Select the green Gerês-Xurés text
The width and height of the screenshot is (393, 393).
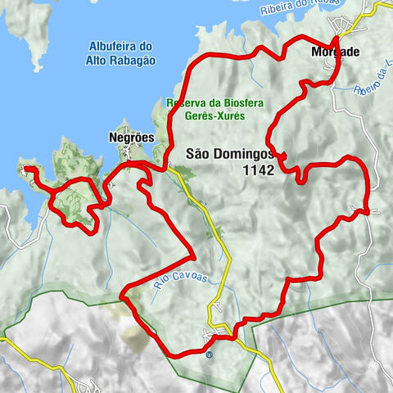(206, 118)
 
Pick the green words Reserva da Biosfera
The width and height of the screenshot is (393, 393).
(206, 103)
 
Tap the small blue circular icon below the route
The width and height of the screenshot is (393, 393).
(209, 355)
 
